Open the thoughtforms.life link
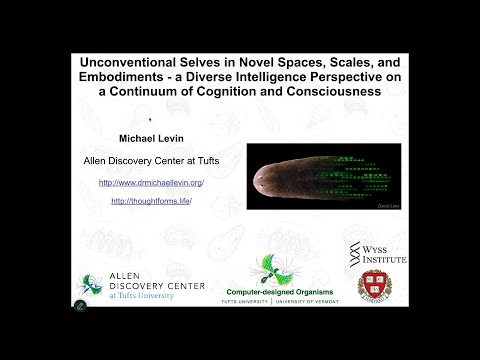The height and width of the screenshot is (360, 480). pyautogui.click(x=150, y=201)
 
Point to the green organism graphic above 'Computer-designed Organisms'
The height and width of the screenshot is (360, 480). pyautogui.click(x=271, y=269)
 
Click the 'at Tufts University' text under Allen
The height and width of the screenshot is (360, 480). pyautogui.click(x=138, y=296)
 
